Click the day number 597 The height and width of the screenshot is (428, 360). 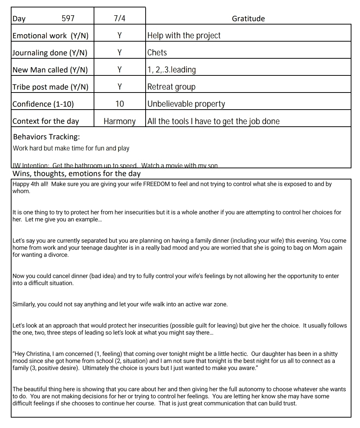click(x=68, y=19)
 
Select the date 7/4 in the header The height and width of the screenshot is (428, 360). click(x=120, y=19)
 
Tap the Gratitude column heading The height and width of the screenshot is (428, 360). click(x=248, y=19)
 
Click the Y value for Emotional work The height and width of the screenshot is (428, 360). click(x=120, y=36)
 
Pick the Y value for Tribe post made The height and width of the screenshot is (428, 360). click(x=120, y=87)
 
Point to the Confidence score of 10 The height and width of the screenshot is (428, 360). click(x=120, y=104)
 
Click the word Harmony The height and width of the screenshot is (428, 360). click(x=120, y=121)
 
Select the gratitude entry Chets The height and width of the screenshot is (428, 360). click(x=157, y=53)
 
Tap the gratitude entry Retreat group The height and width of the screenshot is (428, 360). click(x=171, y=87)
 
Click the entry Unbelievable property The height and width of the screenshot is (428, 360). click(x=186, y=104)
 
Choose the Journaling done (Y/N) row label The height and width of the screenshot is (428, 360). click(x=50, y=53)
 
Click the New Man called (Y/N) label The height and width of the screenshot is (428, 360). click(x=50, y=70)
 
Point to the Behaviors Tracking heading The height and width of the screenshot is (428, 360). click(x=46, y=137)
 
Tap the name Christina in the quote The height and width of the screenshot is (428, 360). click(x=39, y=354)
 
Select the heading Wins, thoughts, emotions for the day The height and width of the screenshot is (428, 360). click(x=77, y=174)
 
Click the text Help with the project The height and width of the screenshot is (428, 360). click(x=184, y=36)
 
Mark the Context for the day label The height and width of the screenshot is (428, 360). click(x=46, y=121)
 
